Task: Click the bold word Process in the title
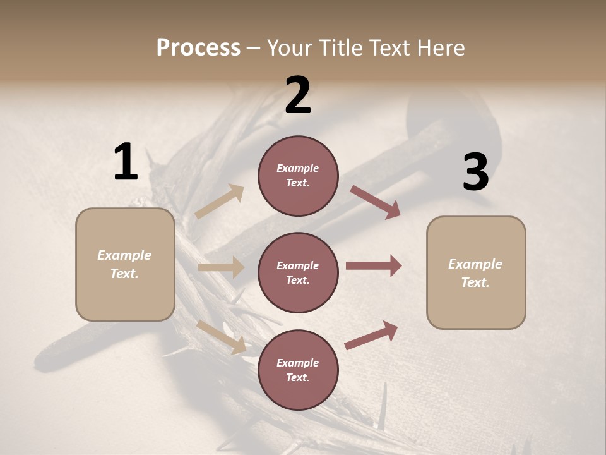click(x=198, y=48)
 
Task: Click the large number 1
click(x=126, y=162)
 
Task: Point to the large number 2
click(x=298, y=95)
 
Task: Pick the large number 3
click(x=475, y=173)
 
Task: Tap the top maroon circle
click(x=298, y=176)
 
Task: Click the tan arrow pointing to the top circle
click(x=220, y=202)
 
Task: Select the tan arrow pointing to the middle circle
click(x=221, y=267)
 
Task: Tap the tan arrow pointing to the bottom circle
click(x=222, y=336)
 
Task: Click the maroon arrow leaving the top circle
click(x=375, y=202)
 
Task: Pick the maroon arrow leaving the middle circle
click(x=374, y=266)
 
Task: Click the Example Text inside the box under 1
click(x=124, y=264)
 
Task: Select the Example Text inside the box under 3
click(x=475, y=273)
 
